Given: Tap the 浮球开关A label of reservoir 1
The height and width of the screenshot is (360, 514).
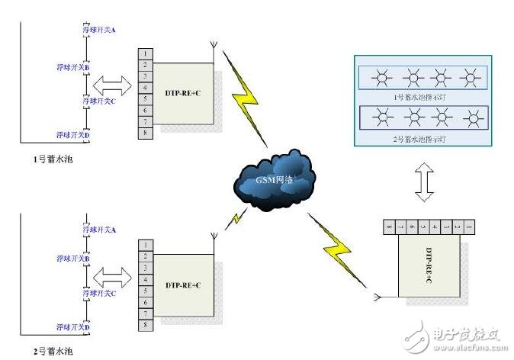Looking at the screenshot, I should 98,30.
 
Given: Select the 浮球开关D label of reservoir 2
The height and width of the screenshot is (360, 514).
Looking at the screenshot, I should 73,327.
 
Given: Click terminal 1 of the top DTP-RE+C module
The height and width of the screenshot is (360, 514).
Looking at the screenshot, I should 145,54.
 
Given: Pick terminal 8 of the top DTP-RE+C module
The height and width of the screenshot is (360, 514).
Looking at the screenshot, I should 145,133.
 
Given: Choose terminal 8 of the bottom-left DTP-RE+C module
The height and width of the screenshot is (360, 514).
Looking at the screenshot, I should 145,324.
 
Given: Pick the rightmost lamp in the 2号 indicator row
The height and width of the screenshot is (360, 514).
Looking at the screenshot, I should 473,117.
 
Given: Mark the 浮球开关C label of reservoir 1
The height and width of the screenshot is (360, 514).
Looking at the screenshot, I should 98,100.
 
